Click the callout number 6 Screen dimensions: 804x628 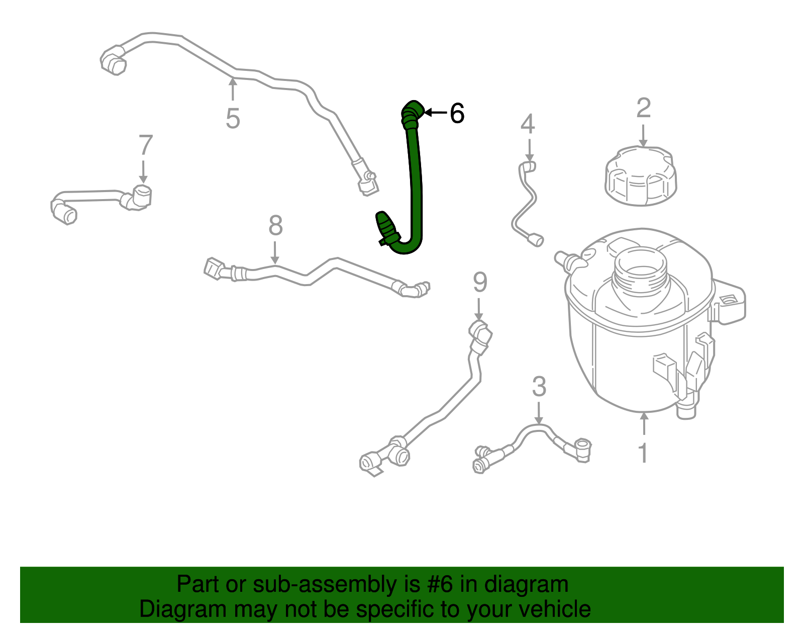click(457, 113)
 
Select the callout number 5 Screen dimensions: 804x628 click(233, 119)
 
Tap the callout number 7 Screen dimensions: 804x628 click(146, 145)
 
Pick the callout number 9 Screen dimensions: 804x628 click(480, 282)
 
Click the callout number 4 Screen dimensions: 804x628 click(528, 124)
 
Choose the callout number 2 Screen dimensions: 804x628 click(643, 108)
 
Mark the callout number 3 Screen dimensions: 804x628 click(539, 386)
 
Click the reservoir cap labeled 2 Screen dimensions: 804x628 click(641, 176)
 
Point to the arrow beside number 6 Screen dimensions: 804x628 click(436, 112)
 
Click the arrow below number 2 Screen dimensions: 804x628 click(643, 135)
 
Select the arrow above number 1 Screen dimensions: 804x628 click(644, 423)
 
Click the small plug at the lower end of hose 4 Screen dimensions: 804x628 click(535, 240)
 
